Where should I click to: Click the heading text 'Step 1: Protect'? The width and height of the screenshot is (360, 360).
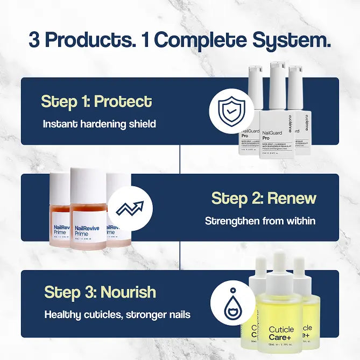pos(96,101)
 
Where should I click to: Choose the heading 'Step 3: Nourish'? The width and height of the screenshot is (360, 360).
pos(100,292)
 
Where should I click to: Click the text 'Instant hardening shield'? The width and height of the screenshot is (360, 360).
pos(100,124)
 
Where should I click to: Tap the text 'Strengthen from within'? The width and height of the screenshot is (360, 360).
pos(260,221)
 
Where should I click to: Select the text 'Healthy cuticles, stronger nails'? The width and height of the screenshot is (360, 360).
pos(117,314)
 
